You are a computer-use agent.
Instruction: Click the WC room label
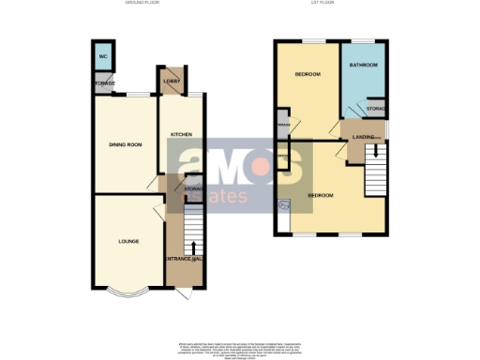[x=102, y=55]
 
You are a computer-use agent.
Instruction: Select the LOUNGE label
[x=128, y=241]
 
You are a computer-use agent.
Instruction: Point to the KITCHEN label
[x=181, y=135]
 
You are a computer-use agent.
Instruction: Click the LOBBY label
[x=171, y=82]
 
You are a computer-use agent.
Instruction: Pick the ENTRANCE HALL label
[x=185, y=258]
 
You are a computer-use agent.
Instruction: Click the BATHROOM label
[x=363, y=66]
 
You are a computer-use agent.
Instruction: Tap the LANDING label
[x=363, y=138]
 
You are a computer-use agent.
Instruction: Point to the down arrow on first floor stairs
[x=376, y=149]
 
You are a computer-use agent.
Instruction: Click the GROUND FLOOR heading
[x=142, y=4]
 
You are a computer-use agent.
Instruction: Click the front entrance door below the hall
[x=184, y=292]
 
